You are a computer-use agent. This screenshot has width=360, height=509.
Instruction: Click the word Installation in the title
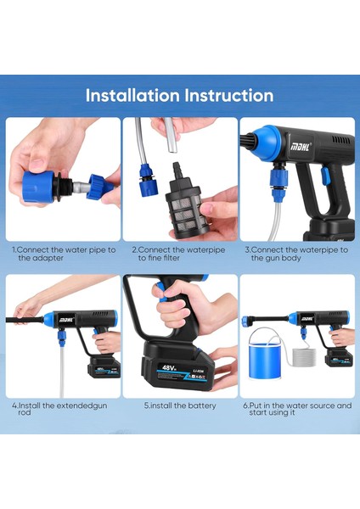point(132,95)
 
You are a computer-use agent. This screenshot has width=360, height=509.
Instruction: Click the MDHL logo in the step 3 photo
point(300,147)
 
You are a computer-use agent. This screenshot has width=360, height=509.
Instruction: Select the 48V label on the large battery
point(169,368)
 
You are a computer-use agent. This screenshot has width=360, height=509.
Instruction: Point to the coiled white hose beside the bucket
point(304,357)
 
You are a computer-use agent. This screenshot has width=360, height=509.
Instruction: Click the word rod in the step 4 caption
point(25,412)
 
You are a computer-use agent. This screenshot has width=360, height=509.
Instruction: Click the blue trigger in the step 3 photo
point(325,176)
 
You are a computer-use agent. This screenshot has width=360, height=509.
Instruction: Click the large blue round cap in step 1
point(38,187)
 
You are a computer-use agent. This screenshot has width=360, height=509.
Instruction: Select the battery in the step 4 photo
point(104,366)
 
